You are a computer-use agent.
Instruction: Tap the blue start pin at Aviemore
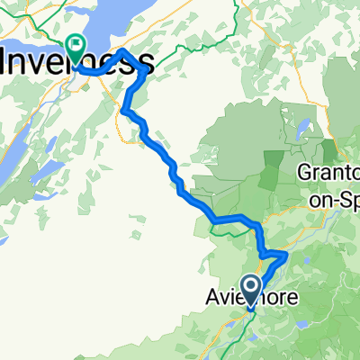[251, 289]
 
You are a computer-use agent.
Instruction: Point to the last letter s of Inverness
[143, 62]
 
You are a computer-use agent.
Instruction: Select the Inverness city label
[76, 62]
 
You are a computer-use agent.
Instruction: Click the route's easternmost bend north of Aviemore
[286, 256]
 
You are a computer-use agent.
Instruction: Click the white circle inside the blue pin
[251, 285]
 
